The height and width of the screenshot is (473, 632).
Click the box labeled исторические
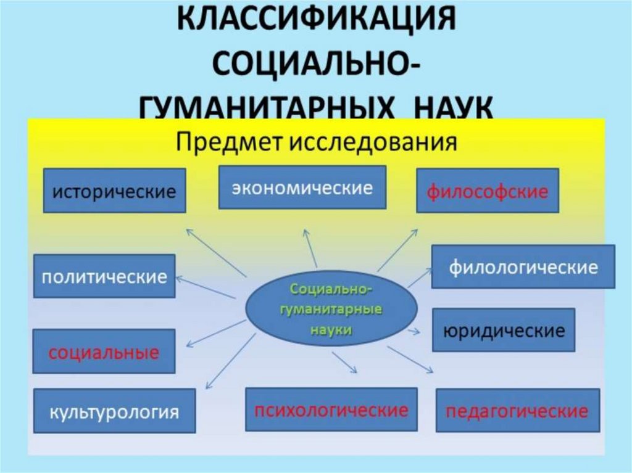[x=115, y=191]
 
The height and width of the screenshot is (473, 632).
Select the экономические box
[x=302, y=187]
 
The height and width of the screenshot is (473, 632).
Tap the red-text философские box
[x=488, y=191]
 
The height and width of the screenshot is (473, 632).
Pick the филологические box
[x=523, y=266]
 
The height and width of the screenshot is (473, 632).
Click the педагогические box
[x=517, y=410]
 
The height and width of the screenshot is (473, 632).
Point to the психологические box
[x=331, y=409]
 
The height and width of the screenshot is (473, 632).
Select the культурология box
[x=115, y=411]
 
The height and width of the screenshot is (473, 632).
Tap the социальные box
[x=104, y=352]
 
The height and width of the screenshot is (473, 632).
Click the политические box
[x=104, y=276]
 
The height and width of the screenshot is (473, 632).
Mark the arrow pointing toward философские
[x=397, y=249]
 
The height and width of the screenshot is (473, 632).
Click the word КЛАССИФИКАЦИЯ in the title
[x=316, y=20]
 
